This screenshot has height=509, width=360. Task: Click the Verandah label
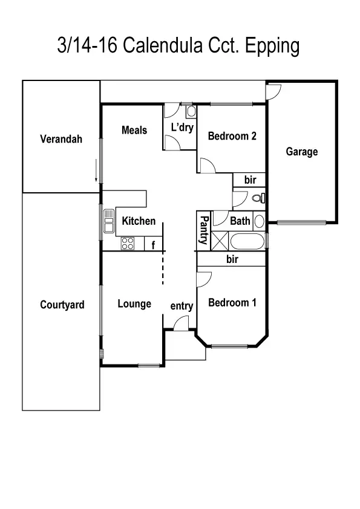click(x=61, y=139)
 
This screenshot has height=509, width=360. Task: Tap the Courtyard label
click(x=62, y=305)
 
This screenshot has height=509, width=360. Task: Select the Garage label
click(x=302, y=152)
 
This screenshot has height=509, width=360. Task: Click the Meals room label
click(x=134, y=130)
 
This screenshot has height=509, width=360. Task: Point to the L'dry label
click(x=181, y=128)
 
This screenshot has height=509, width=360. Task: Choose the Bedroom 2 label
click(x=232, y=136)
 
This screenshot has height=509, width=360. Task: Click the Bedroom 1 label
click(x=232, y=302)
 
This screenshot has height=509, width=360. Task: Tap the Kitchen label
click(x=139, y=221)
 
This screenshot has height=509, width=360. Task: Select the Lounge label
click(x=134, y=303)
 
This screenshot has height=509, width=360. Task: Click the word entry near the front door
click(x=182, y=306)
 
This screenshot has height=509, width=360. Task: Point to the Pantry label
click(x=204, y=230)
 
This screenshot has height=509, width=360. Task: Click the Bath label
click(x=240, y=221)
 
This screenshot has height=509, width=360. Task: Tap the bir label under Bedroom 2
click(x=250, y=180)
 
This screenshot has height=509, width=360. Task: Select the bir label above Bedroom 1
click(x=232, y=259)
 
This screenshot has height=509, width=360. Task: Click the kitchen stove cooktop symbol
click(x=128, y=244)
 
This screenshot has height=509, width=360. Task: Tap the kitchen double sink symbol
click(x=109, y=221)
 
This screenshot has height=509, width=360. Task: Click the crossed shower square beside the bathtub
click(x=220, y=242)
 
